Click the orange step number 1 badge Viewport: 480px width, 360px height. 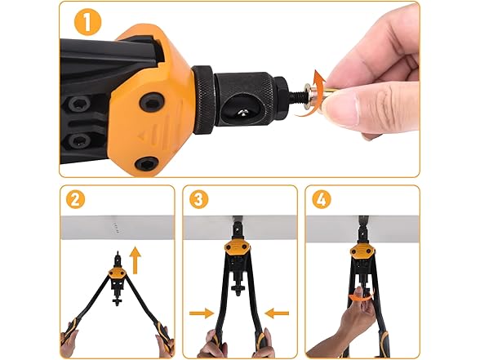click(87, 21)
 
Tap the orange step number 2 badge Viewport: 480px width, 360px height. click(75, 199)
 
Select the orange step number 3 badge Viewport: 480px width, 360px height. click(198, 199)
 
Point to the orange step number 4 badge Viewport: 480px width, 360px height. click(322, 199)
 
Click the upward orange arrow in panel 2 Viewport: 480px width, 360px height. click(135, 260)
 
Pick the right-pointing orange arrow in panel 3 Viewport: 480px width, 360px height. click(202, 313)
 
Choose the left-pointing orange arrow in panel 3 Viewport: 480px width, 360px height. click(277, 313)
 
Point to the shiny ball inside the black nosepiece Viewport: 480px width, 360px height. click(242, 113)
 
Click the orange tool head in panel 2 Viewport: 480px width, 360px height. click(115, 273)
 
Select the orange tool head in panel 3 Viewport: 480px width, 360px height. click(238, 247)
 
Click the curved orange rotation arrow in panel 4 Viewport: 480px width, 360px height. click(361, 296)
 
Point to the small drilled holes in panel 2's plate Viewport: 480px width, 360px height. click(115, 228)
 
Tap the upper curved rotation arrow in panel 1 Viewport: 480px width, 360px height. click(320, 80)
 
